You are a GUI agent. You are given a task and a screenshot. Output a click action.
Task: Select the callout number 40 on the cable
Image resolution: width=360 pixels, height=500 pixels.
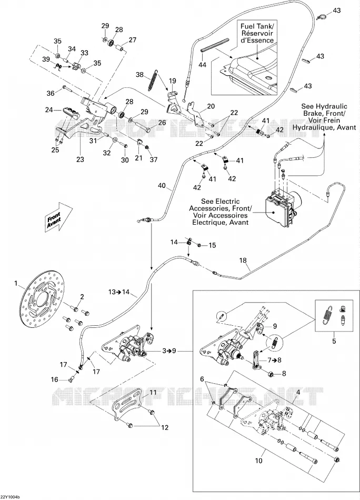coord(162,186)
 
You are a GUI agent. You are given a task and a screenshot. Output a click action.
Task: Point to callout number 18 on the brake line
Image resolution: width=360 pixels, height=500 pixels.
coord(243,260)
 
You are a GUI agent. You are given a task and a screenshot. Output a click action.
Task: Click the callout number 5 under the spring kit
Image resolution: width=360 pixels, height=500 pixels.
coord(334,341)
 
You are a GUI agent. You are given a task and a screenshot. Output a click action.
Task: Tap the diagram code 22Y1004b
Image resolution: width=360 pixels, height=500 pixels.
coord(10,497)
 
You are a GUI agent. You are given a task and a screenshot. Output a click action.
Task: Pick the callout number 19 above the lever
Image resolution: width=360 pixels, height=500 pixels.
coord(172,81)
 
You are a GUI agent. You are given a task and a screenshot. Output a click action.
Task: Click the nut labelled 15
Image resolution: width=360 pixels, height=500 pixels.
coord(199,245)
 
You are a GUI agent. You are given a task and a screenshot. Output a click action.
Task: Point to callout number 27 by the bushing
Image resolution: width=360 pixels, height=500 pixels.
coord(132,40)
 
